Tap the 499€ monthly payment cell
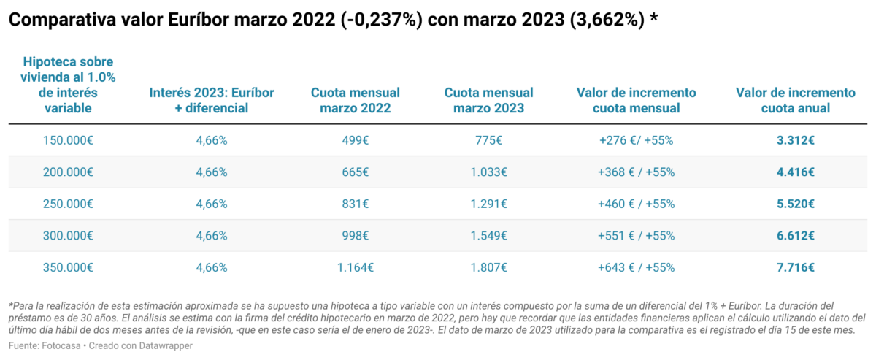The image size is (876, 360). (355, 140)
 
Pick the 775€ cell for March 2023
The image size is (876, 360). (488, 140)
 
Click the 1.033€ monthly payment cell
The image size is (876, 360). (488, 172)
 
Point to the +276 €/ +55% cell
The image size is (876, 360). (636, 140)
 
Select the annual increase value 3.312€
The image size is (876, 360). (795, 140)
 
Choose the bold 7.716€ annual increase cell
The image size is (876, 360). (795, 267)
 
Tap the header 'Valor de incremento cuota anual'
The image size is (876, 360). (795, 101)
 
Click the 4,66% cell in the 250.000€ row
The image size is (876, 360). (212, 204)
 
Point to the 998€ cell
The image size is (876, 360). (355, 236)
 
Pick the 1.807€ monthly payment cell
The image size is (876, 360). (488, 267)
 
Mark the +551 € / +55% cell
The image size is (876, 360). (636, 236)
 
